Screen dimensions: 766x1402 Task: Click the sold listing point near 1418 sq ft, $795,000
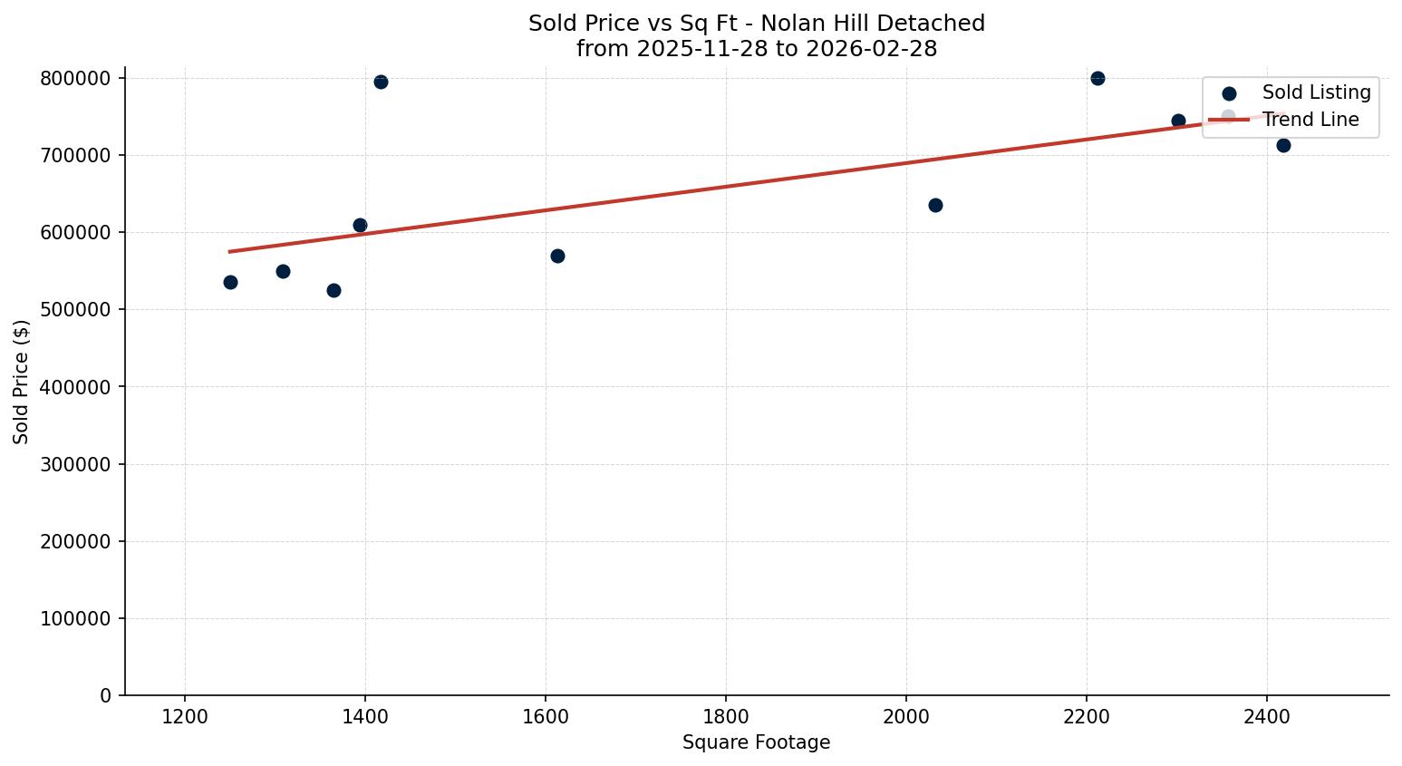pos(381,82)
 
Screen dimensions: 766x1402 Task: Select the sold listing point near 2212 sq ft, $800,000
pos(1097,78)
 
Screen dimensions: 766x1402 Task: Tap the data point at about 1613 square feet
pos(557,256)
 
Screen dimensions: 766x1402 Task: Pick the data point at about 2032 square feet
pos(935,205)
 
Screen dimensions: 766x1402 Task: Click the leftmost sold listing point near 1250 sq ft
pos(230,282)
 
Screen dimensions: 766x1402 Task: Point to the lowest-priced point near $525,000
pos(334,290)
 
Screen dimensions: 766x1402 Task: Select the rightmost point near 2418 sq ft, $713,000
pos(1283,145)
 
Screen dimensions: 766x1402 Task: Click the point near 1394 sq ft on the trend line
pos(360,225)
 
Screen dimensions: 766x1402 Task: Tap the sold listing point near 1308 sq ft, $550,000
pos(283,271)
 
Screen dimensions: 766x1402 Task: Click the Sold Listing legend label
pos(1316,92)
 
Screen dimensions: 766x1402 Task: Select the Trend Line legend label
pos(1310,120)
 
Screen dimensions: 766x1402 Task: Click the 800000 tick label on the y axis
pos(76,79)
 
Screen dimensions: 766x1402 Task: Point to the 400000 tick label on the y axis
pos(76,387)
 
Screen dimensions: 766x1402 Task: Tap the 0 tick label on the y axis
pos(106,696)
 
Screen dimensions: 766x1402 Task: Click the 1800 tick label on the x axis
pos(726,716)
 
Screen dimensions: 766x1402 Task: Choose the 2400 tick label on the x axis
pos(1267,716)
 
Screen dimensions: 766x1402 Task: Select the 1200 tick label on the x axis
pos(185,716)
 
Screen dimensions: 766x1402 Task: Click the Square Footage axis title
pos(756,743)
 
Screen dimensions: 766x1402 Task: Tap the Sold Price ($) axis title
pos(21,382)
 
